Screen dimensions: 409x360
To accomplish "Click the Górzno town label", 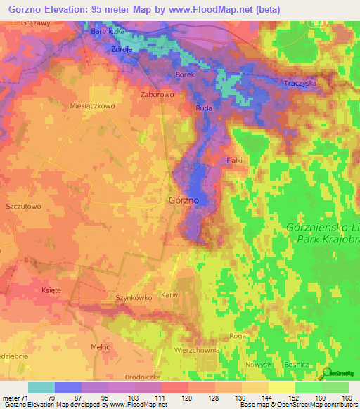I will pyautogui.click(x=184, y=200).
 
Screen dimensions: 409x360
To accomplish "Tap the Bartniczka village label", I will pyautogui.click(x=108, y=32).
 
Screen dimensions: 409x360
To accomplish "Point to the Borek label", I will pyautogui.click(x=185, y=74).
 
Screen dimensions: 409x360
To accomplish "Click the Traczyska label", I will pyautogui.click(x=300, y=83).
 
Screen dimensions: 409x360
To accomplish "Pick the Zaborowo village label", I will pyautogui.click(x=157, y=93).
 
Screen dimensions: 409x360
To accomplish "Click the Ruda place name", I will pyautogui.click(x=204, y=109).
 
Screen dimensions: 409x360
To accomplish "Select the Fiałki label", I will pyautogui.click(x=235, y=161).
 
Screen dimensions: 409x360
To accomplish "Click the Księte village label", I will pyautogui.click(x=51, y=290).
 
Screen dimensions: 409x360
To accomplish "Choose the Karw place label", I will pyautogui.click(x=169, y=295).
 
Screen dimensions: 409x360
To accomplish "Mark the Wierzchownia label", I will pyautogui.click(x=197, y=349).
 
